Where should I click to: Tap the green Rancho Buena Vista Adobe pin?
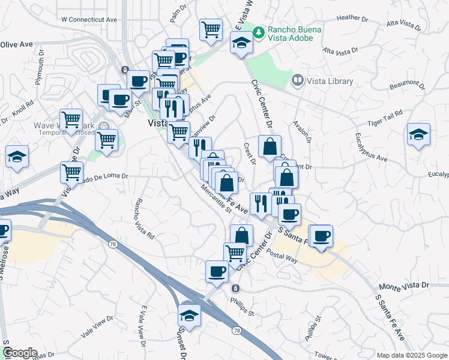pyautogui.click(x=259, y=31)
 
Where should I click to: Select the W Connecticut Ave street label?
pyautogui.click(x=89, y=19)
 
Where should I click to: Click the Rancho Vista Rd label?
pyautogui.click(x=144, y=219)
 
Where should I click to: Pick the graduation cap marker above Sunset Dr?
pyautogui.click(x=190, y=315)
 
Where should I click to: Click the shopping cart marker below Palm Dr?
pyautogui.click(x=211, y=29)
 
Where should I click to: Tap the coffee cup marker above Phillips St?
pyautogui.click(x=217, y=271)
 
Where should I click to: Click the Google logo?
pyautogui.click(x=20, y=353)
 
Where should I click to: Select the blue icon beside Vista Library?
pyautogui.click(x=297, y=80)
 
